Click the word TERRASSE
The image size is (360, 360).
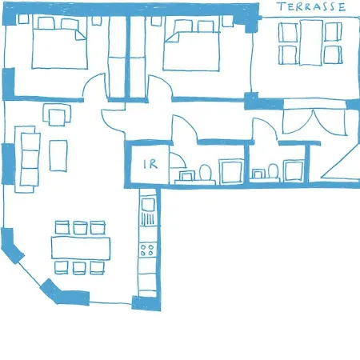311,6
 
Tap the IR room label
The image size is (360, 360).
150,164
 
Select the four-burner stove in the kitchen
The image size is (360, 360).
147,250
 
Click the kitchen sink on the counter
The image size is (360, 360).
147,205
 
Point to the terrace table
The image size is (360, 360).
311,42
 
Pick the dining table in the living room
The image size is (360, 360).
81,248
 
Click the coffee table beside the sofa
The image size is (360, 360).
58,156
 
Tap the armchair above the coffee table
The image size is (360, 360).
57,114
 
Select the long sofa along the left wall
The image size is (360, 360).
27,159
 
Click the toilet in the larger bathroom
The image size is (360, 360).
206,172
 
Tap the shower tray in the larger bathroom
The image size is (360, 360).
231,171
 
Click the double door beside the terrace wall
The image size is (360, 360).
314,122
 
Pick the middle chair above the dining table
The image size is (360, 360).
80,227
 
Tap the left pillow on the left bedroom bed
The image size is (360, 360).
46,23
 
